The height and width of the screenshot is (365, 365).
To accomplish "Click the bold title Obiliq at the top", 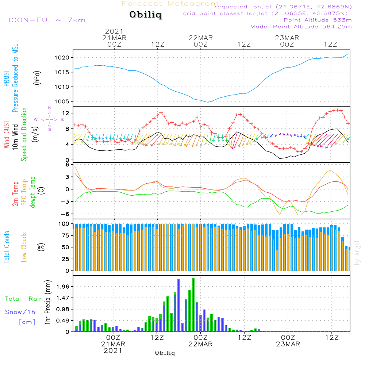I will click(x=145, y=15).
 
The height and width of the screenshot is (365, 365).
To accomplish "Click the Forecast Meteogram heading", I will click(x=170, y=4).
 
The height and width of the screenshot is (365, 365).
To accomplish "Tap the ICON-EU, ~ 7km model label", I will click(x=47, y=20).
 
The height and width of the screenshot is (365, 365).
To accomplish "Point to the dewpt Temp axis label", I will click(x=32, y=192).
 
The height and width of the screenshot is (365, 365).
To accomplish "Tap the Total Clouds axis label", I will click(x=7, y=247).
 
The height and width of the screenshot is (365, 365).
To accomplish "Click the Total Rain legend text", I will click(x=24, y=299).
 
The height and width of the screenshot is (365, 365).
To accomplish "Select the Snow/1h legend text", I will click(x=20, y=312).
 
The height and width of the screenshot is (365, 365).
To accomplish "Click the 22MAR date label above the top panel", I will click(x=200, y=38).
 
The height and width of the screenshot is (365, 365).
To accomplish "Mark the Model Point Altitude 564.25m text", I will click(x=301, y=26).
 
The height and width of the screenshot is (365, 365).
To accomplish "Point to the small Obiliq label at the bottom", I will click(x=165, y=353).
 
